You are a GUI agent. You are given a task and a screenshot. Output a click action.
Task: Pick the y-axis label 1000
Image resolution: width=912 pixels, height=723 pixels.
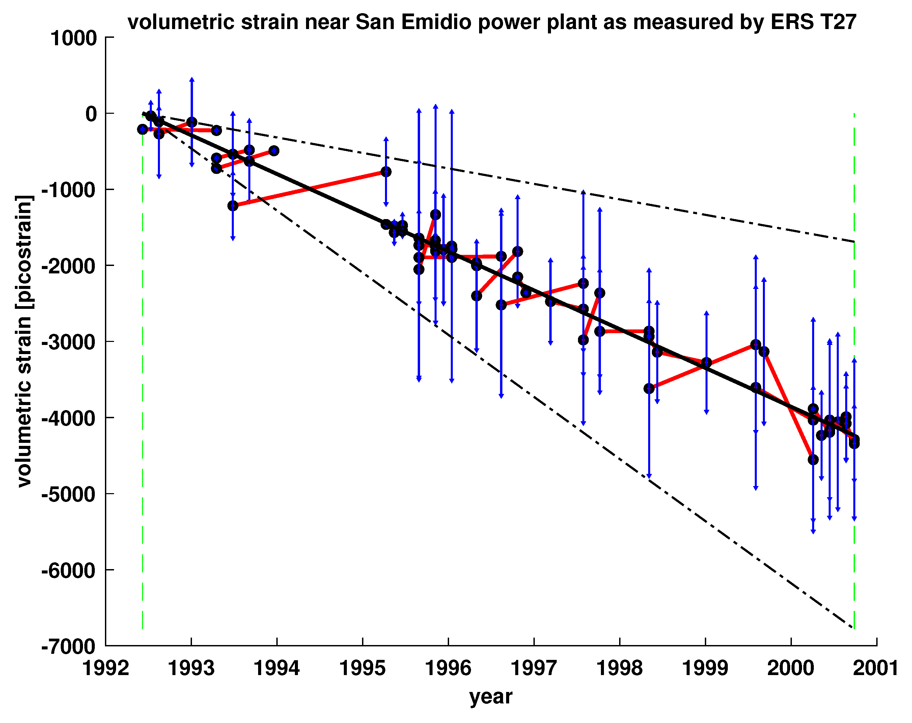tap(74, 38)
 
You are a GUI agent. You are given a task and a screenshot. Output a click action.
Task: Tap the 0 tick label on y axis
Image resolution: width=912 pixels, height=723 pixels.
tap(91, 114)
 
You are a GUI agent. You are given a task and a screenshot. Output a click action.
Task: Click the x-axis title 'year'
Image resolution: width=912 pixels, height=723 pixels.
tap(491, 696)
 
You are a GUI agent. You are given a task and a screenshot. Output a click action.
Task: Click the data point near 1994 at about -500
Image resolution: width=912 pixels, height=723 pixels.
tap(274, 151)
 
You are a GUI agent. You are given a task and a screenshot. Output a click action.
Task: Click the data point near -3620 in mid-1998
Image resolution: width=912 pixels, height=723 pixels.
tap(649, 389)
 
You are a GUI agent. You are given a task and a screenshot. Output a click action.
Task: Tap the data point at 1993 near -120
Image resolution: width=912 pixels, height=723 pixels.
tap(192, 122)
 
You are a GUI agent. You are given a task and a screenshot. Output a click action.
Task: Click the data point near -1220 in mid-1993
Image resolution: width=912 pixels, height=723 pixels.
tap(233, 206)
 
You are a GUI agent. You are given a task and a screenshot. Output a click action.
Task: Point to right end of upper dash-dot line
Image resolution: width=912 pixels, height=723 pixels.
tap(854, 242)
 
